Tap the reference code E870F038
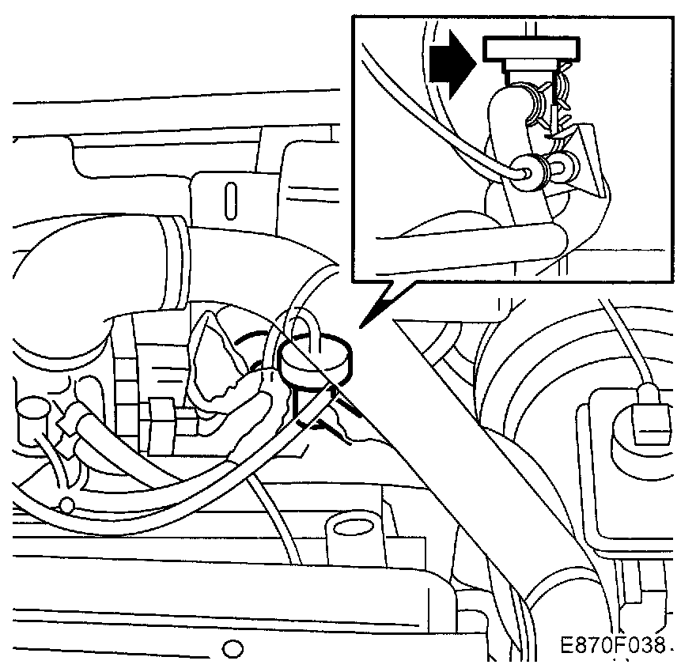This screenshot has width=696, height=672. click(x=611, y=646)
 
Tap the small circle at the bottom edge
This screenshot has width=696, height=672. click(x=232, y=649)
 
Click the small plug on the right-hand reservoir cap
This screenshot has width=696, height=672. click(x=650, y=417)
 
